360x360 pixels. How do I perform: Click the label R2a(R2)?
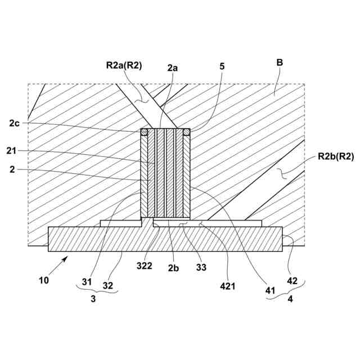tap(124, 65)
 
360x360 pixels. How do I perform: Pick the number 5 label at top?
tap(222, 66)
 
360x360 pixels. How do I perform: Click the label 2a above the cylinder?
tap(172, 66)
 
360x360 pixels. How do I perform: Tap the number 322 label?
tap(145, 265)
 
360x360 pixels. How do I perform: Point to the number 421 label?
tap(227, 286)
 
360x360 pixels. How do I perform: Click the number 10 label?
tap(44, 280)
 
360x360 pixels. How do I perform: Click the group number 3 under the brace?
tap(93, 300)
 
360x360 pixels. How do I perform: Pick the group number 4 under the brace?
tap(290, 300)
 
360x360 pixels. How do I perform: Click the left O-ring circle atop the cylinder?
tap(144, 132)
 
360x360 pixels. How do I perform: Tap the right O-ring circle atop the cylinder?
tap(187, 132)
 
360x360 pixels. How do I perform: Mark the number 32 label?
tap(108, 285)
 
